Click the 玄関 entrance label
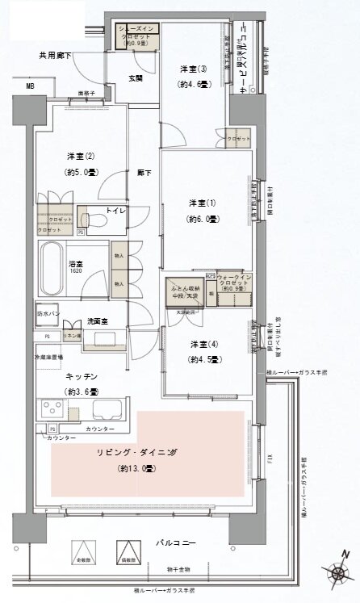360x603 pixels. click(135, 77)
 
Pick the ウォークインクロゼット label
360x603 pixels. click(236, 279)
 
